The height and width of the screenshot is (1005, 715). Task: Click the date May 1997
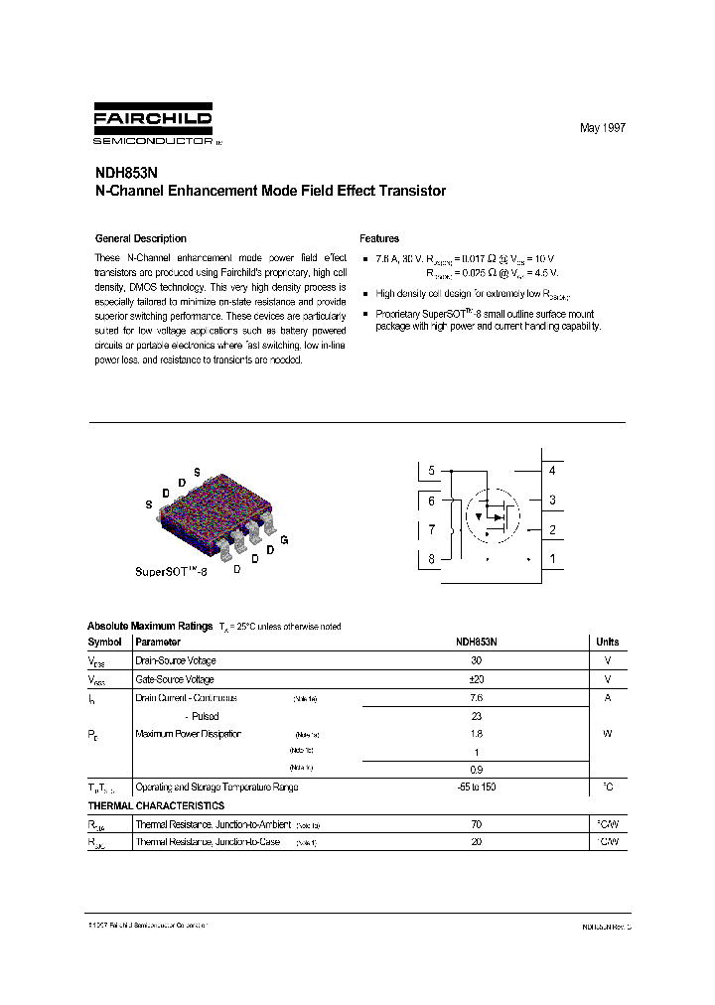(603, 129)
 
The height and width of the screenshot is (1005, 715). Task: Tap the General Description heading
(140, 238)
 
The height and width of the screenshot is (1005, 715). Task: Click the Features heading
(379, 238)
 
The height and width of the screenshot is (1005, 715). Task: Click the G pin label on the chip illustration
(285, 539)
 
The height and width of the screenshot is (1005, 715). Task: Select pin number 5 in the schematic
(432, 471)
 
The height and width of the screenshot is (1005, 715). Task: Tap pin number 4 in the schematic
(552, 471)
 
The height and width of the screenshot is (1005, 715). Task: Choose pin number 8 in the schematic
(432, 559)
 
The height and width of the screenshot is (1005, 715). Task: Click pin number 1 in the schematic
(552, 559)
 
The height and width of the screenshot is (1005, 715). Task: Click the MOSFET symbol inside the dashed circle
(494, 514)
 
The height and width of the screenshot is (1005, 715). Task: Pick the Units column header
(606, 643)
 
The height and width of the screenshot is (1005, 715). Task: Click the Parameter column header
(158, 643)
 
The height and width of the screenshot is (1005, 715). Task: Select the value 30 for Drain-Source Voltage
(476, 660)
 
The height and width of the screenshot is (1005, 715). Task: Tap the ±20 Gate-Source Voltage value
(476, 679)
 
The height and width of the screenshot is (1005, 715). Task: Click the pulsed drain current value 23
(476, 716)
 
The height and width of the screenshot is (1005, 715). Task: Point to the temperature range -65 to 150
(476, 787)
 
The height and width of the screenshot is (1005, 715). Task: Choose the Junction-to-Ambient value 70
(476, 824)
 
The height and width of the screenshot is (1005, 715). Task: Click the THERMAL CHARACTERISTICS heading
(156, 805)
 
